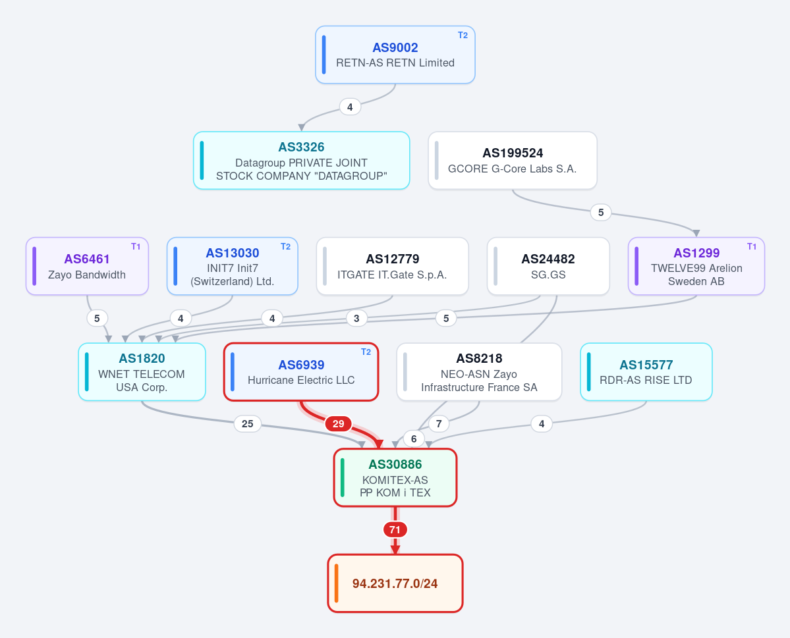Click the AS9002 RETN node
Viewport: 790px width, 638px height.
pyautogui.click(x=395, y=55)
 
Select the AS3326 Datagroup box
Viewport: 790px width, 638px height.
pyautogui.click(x=301, y=161)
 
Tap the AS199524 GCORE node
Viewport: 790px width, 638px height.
pyautogui.click(x=513, y=161)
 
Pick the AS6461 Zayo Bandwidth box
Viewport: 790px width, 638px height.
pyautogui.click(x=87, y=267)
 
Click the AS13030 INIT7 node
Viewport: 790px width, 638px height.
pyautogui.click(x=233, y=267)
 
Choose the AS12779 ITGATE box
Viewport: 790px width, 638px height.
pyautogui.click(x=393, y=267)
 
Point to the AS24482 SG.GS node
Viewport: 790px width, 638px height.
pyautogui.click(x=548, y=267)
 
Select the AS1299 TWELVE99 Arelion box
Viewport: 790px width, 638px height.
pyautogui.click(x=696, y=267)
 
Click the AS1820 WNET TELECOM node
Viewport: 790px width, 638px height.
pyautogui.click(x=142, y=372)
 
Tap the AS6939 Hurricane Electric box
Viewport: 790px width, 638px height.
pyautogui.click(x=301, y=372)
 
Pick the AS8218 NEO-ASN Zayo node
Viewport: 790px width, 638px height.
pyautogui.click(x=479, y=372)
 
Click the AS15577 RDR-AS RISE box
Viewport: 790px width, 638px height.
pyautogui.click(x=646, y=372)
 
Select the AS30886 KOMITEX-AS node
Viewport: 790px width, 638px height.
pyautogui.click(x=395, y=477)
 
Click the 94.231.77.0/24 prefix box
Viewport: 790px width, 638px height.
pyautogui.click(x=395, y=583)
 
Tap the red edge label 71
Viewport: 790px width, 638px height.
pyautogui.click(x=395, y=530)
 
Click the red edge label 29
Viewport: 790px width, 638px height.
pyautogui.click(x=339, y=424)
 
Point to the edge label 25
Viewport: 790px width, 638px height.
pyautogui.click(x=247, y=424)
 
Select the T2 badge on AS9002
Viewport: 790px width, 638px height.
pyautogui.click(x=463, y=36)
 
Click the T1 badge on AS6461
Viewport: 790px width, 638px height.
pyautogui.click(x=136, y=247)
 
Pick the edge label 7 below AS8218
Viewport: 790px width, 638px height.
pyautogui.click(x=439, y=424)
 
